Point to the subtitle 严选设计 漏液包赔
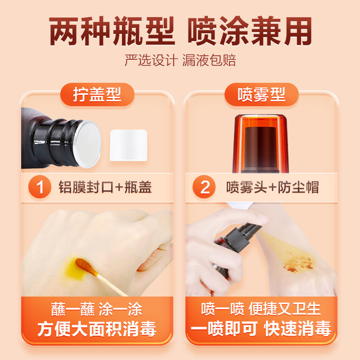pos(180,60)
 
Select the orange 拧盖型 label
pos(97,95)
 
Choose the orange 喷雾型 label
pos(261,95)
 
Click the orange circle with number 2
pos(205,187)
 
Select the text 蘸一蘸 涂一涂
pos(97,309)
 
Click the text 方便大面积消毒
pos(97,329)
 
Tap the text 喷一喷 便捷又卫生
pos(261,309)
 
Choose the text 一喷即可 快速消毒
pos(261,329)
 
